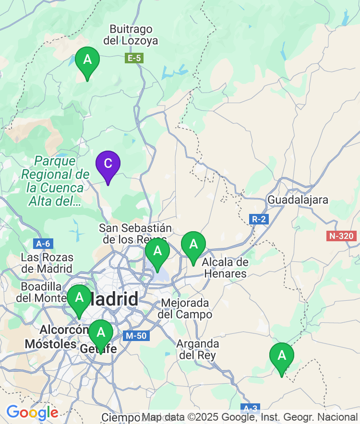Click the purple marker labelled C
tap(108, 164)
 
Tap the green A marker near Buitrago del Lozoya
tap(87, 60)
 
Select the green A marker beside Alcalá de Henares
tap(193, 245)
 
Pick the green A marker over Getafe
tap(101, 332)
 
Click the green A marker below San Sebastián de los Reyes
tap(157, 251)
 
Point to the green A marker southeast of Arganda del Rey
tap(282, 356)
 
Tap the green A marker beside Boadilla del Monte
tap(79, 298)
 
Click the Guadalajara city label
tap(298, 200)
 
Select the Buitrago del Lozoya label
tap(131, 35)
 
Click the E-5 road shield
tap(134, 59)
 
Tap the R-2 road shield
tap(259, 219)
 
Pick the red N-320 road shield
tap(341, 236)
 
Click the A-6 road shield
tap(42, 244)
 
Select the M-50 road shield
tap(135, 336)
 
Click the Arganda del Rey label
tap(198, 350)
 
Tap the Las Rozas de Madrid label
tap(47, 263)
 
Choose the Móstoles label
tap(50, 344)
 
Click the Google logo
tap(32, 412)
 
